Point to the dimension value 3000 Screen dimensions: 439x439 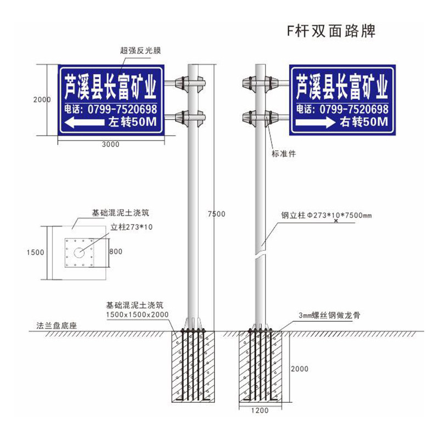pyautogui.click(x=110, y=144)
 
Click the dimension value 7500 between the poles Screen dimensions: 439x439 pyautogui.click(x=217, y=214)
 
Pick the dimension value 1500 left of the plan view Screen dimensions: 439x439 pyautogui.click(x=35, y=252)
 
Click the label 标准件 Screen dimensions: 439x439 pyautogui.click(x=284, y=154)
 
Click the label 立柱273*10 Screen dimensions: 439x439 pyautogui.click(x=131, y=226)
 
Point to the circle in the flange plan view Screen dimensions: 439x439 pyautogui.click(x=79, y=253)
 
